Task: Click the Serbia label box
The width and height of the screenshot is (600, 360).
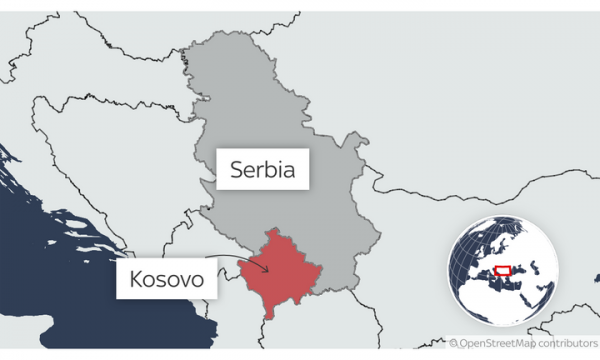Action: (x=262, y=167)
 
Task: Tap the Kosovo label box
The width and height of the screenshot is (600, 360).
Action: (x=168, y=280)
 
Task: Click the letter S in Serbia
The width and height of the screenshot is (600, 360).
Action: (x=234, y=167)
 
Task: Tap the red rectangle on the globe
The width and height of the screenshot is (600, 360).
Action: (x=510, y=270)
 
